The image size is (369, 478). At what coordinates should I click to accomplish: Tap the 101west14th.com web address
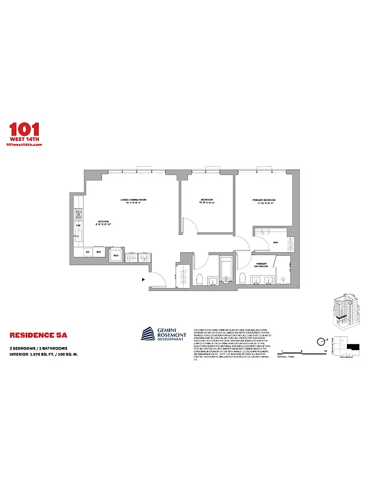coord(23,146)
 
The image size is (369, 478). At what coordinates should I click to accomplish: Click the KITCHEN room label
coord(105,223)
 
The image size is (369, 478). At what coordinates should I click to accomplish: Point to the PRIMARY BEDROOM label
coord(263,201)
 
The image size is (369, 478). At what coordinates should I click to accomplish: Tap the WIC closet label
coord(276,242)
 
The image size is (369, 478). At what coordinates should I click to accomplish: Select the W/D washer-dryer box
coord(116,256)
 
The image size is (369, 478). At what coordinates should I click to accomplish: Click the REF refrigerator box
coord(99,252)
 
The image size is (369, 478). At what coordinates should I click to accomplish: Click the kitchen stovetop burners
coord(78,213)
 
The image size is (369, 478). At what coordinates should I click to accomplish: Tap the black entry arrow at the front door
coord(143,278)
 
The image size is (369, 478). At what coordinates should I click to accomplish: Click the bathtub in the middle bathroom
coord(226,270)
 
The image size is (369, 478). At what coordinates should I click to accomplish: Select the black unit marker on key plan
coord(354,345)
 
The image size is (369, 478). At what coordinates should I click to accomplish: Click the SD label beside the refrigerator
coord(88,252)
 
